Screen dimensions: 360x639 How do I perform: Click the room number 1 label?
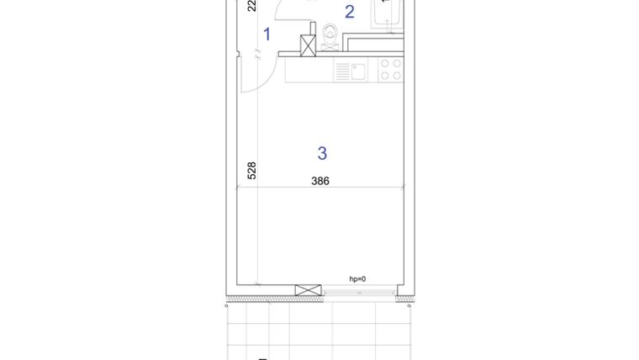[x=267, y=34]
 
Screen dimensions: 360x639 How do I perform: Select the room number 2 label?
[x=350, y=12]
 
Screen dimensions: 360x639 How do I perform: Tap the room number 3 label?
[x=322, y=153]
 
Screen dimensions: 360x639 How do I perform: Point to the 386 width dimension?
[x=320, y=181]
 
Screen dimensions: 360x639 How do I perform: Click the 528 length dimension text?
[x=251, y=171]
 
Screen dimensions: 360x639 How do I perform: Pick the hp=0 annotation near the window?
[x=358, y=279]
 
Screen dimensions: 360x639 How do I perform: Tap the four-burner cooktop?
[x=389, y=69]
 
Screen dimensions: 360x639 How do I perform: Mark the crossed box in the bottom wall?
[x=307, y=290]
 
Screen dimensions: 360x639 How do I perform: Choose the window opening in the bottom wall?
[x=358, y=291]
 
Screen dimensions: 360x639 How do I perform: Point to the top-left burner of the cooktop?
[x=383, y=63]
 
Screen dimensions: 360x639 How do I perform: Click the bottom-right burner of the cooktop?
[x=395, y=75]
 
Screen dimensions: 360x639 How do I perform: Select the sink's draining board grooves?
[x=342, y=71]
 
